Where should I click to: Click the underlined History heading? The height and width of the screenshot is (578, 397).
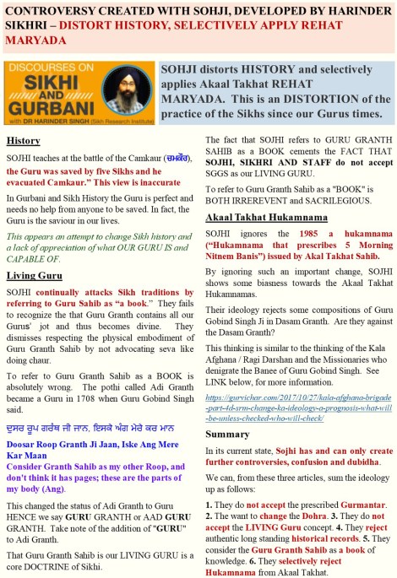(x=23, y=139)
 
